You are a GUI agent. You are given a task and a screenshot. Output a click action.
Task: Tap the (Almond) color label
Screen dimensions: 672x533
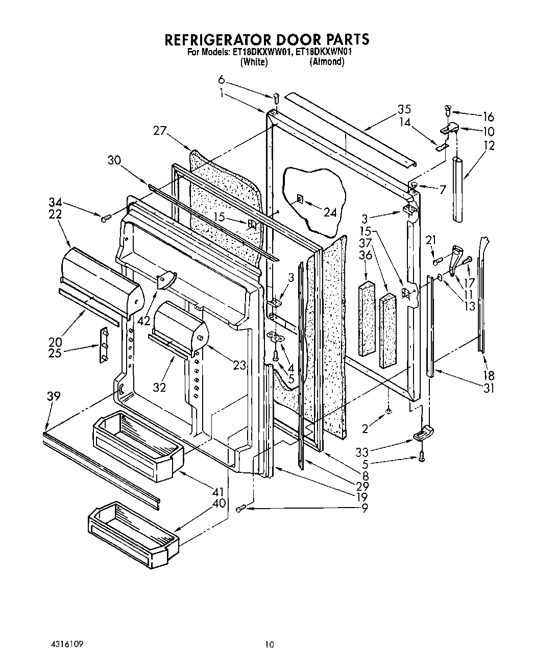[327, 62]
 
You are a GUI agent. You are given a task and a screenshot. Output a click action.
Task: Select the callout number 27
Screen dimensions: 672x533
[160, 131]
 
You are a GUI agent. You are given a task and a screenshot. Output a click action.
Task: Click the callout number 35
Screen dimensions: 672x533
[404, 109]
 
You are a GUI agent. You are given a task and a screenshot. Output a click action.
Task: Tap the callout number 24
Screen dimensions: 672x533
[330, 212]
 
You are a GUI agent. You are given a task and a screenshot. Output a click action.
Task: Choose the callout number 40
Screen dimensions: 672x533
[219, 502]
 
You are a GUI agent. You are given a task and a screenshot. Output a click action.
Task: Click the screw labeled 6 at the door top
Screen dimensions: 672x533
[276, 97]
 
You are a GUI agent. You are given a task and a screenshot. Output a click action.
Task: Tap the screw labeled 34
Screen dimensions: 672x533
[106, 219]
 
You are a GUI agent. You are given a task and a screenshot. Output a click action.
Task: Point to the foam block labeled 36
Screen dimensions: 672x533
[367, 318]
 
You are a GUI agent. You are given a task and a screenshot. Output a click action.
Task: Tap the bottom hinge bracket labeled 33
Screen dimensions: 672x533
[423, 434]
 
